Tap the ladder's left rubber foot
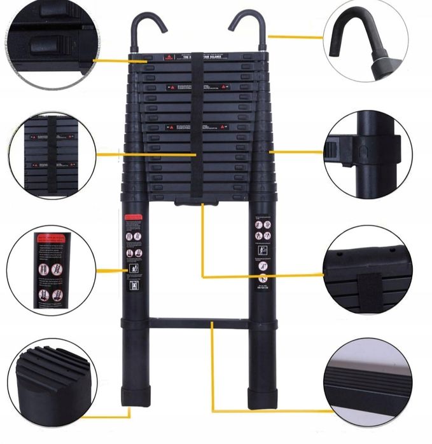[x=135, y=394]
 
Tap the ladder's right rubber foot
[x=261, y=394]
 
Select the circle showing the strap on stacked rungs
[x=52, y=156]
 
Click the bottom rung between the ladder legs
[x=198, y=323]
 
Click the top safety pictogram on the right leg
[x=259, y=224]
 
